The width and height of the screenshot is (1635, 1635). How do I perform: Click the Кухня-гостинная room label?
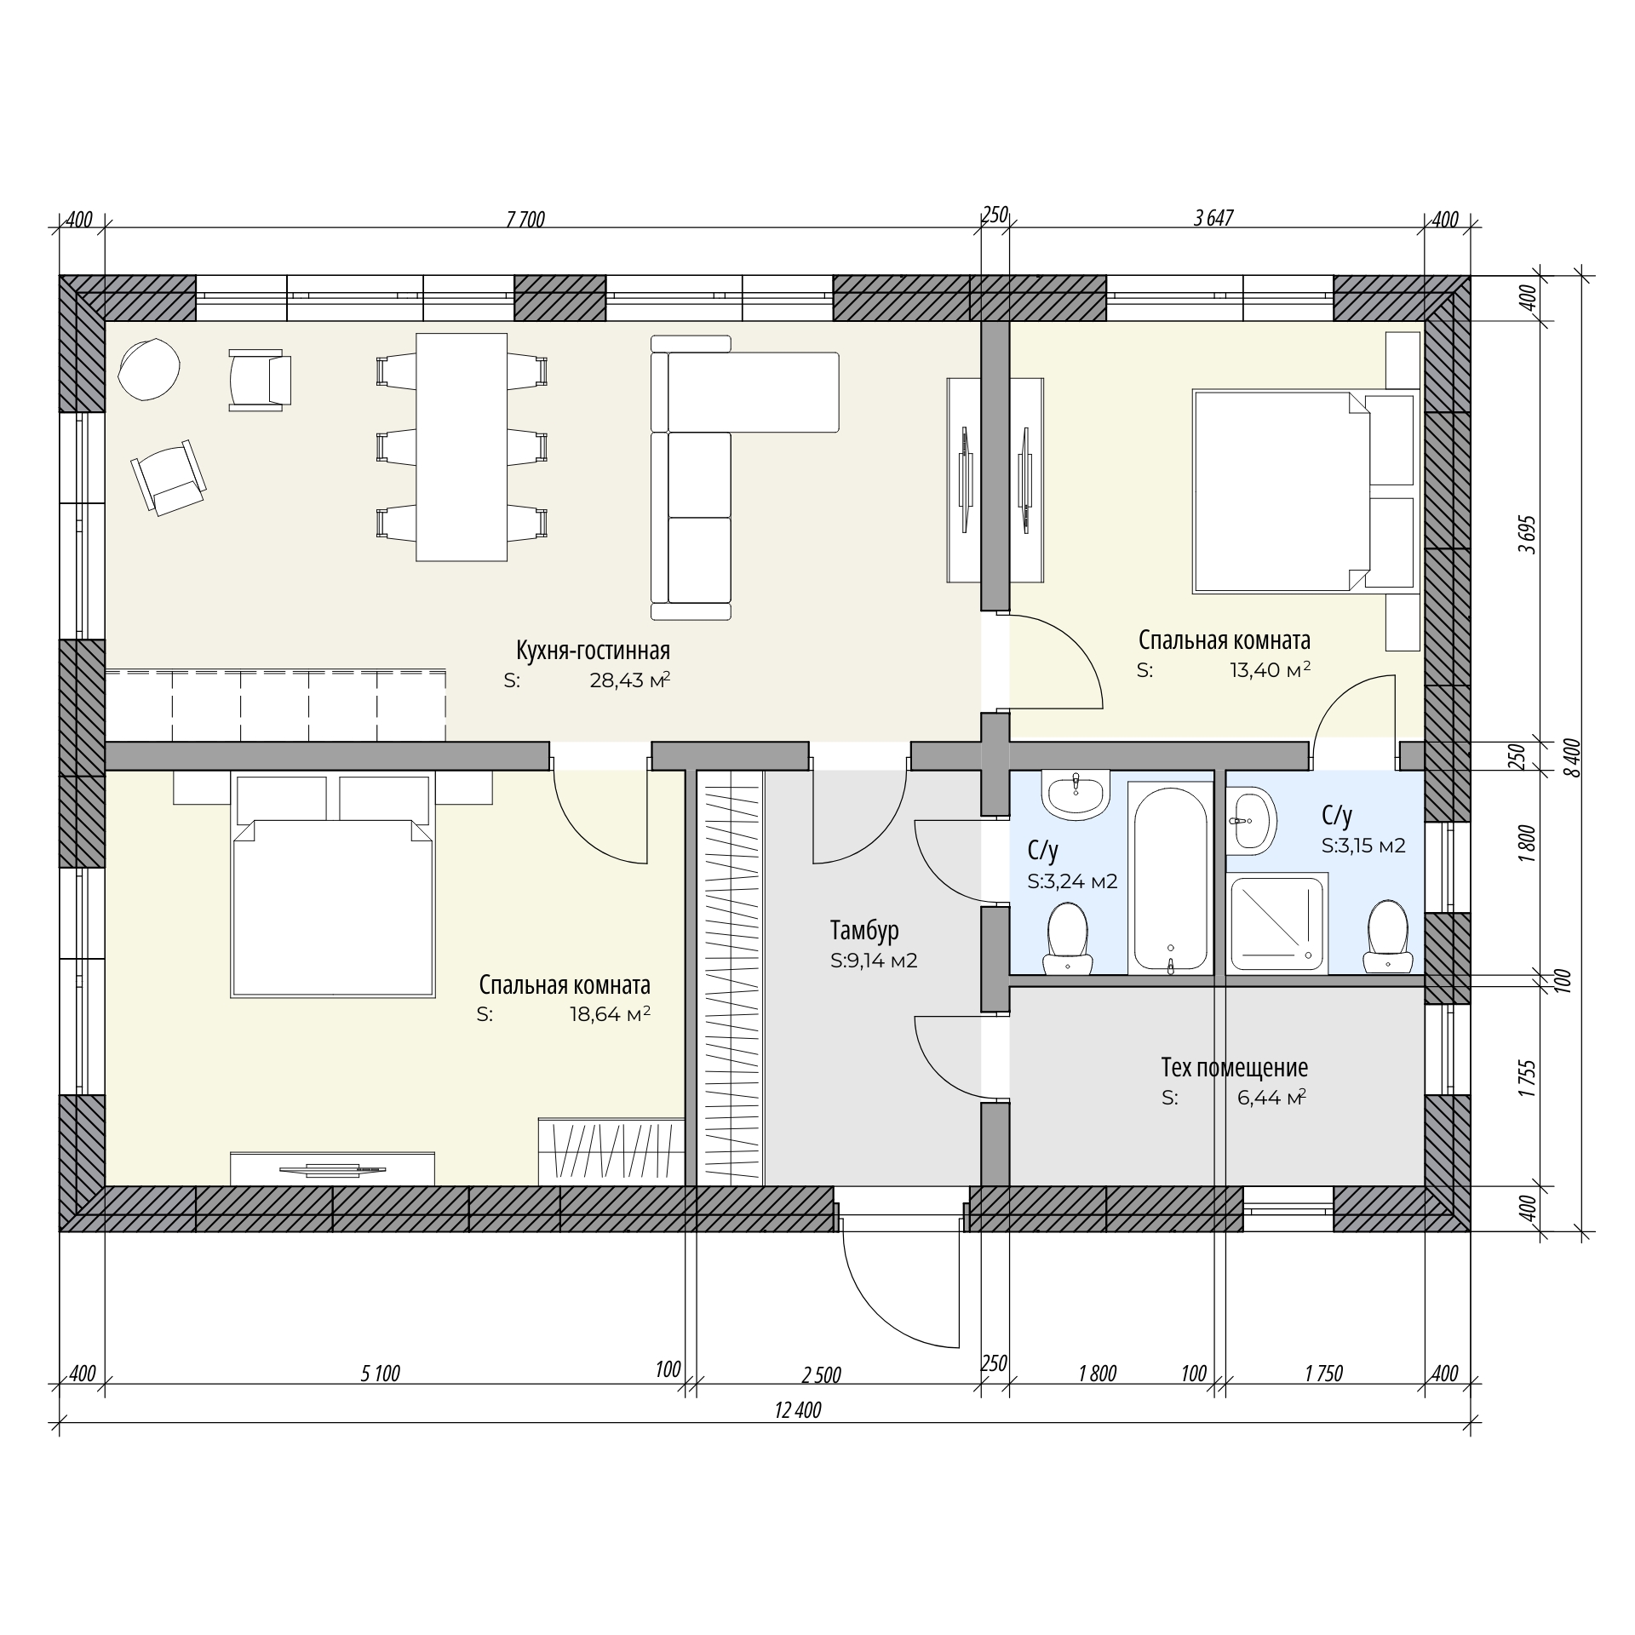click(x=593, y=651)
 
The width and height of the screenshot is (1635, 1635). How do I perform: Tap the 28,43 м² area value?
click(x=630, y=680)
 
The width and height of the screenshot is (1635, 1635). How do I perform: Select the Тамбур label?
click(x=864, y=931)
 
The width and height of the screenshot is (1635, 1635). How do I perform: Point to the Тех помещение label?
click(x=1234, y=1067)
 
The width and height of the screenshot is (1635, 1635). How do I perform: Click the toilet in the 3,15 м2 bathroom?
click(x=1387, y=937)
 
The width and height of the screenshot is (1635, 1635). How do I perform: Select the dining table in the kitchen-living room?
click(x=462, y=447)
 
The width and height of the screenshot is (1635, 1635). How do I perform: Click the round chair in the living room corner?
click(x=149, y=369)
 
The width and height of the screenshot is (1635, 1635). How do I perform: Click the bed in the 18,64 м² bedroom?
click(x=333, y=886)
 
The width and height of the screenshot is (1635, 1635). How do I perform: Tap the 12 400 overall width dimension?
click(x=798, y=1410)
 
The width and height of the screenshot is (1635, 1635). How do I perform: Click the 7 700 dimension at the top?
click(x=525, y=220)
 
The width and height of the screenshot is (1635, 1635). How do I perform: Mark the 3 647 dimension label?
click(x=1213, y=218)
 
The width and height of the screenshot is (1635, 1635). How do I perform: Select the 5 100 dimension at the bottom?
click(x=380, y=1374)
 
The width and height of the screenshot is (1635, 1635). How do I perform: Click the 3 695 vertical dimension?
click(x=1529, y=535)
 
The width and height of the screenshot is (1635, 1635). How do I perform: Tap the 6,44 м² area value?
click(x=1271, y=1098)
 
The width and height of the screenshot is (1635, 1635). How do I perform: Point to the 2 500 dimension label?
click(x=821, y=1375)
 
